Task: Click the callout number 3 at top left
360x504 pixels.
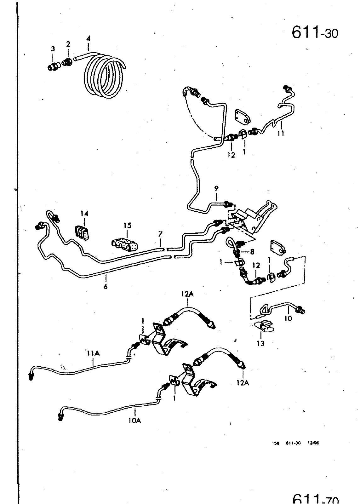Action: [53, 49]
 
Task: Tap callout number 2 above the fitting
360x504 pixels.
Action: [68, 44]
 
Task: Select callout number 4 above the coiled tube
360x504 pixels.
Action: [88, 39]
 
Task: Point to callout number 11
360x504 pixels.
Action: [281, 133]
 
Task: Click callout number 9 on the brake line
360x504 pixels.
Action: [216, 189]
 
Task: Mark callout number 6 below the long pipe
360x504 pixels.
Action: [106, 286]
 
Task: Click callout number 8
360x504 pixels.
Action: [252, 252]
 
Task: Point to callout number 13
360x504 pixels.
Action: [261, 343]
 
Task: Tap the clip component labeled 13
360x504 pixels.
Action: [264, 326]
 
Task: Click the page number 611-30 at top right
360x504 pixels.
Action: [315, 32]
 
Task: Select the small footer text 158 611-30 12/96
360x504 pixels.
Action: [295, 443]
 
